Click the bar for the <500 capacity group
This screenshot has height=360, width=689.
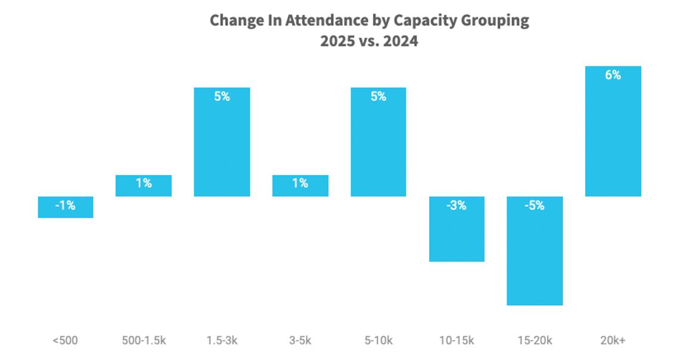click(x=66, y=207)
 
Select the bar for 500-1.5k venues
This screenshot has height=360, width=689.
click(x=144, y=185)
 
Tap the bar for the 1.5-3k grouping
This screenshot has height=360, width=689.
click(x=222, y=142)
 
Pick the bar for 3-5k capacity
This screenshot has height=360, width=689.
click(x=300, y=185)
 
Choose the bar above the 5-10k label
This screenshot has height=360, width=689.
click(x=378, y=142)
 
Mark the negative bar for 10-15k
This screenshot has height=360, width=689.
click(x=457, y=229)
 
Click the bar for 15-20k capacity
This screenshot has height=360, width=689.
click(x=535, y=250)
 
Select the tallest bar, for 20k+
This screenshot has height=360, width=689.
click(x=613, y=131)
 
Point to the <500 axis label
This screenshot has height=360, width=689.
click(x=65, y=341)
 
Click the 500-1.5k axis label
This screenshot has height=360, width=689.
click(x=144, y=341)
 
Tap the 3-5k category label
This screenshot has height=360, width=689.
click(x=300, y=341)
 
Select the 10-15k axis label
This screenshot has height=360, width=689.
click(x=457, y=341)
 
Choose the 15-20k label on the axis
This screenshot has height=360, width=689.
click(x=535, y=341)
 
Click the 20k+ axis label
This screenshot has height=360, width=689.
click(x=613, y=341)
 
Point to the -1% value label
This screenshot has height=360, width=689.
click(x=66, y=206)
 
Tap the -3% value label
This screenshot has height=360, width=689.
click(x=457, y=206)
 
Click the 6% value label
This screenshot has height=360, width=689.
click(x=613, y=76)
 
